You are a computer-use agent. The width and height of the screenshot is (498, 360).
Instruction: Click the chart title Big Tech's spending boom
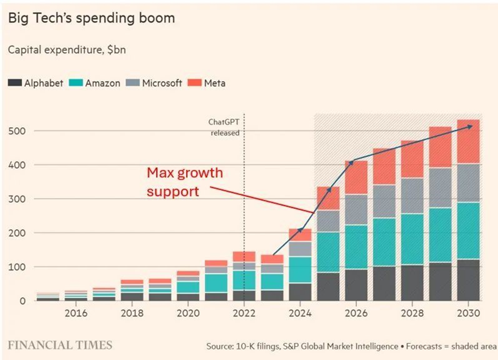91,19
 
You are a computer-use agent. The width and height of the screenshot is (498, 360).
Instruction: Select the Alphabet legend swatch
14,83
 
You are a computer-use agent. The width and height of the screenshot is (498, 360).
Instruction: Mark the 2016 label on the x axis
76,314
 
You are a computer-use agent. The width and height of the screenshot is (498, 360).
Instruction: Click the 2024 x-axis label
300,314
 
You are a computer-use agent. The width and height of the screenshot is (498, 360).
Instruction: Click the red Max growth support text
185,182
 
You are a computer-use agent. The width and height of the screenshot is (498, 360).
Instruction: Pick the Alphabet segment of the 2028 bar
412,283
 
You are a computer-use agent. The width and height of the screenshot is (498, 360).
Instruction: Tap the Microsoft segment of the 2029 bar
440,188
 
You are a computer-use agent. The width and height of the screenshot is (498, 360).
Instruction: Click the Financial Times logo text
60,345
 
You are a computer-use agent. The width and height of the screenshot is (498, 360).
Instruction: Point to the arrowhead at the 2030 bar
470,126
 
